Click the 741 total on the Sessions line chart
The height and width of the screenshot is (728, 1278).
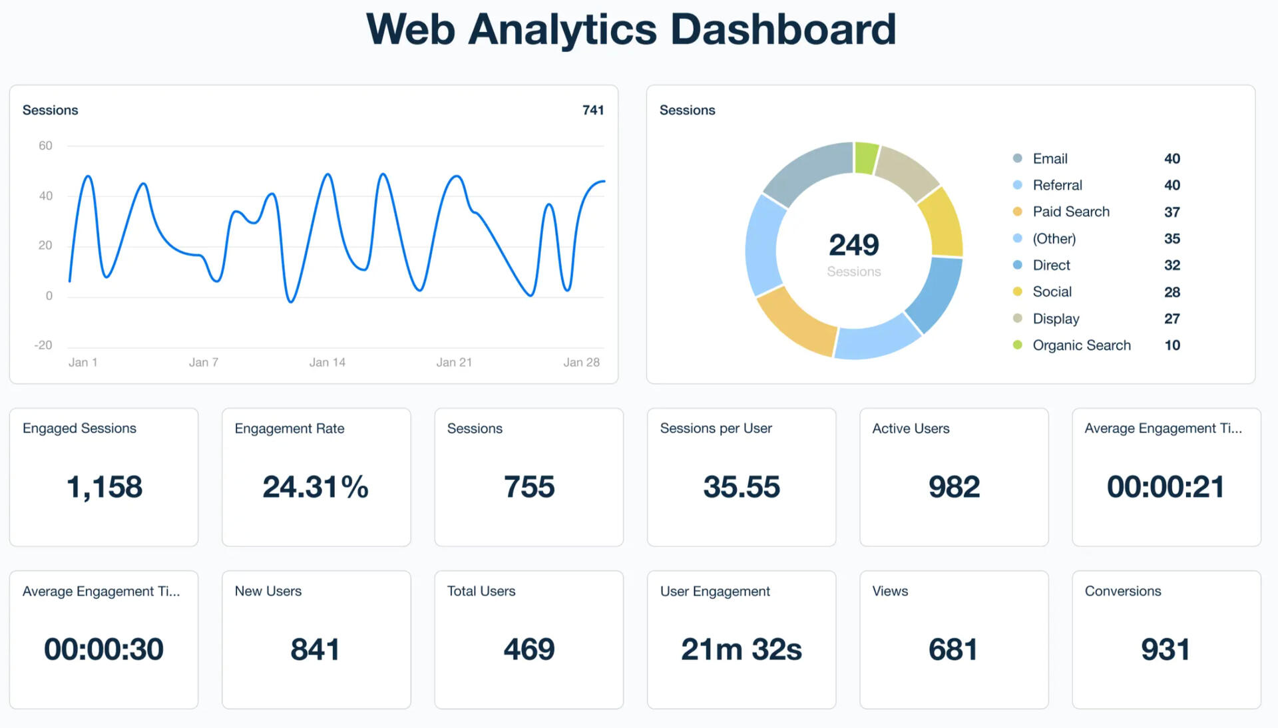tap(592, 110)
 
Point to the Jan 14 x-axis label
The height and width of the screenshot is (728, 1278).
tap(327, 362)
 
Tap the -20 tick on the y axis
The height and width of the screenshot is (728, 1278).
tap(43, 345)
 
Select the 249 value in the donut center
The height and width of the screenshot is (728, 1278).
tap(853, 245)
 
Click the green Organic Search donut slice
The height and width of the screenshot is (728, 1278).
tap(865, 158)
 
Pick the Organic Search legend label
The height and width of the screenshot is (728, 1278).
tap(1081, 345)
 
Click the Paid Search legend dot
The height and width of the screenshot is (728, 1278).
tap(1017, 212)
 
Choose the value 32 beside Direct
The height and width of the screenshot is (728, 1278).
tap(1171, 265)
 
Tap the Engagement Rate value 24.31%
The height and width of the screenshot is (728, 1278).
tap(316, 486)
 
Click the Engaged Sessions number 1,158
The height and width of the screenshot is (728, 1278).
tap(105, 486)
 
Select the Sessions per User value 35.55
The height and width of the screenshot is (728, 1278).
tap(742, 486)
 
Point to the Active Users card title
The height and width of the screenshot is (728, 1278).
tap(911, 429)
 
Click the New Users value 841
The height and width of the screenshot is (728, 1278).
tap(316, 649)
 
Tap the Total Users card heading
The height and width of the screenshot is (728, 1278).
tap(481, 591)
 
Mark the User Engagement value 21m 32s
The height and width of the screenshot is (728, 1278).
tap(742, 649)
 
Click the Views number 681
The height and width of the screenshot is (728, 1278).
tap(953, 649)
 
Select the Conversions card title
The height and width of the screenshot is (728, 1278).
tap(1123, 591)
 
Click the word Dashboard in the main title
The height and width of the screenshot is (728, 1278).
tap(783, 29)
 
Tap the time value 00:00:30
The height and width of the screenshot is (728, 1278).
tap(104, 649)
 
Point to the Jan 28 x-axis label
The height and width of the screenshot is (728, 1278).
tap(581, 362)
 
